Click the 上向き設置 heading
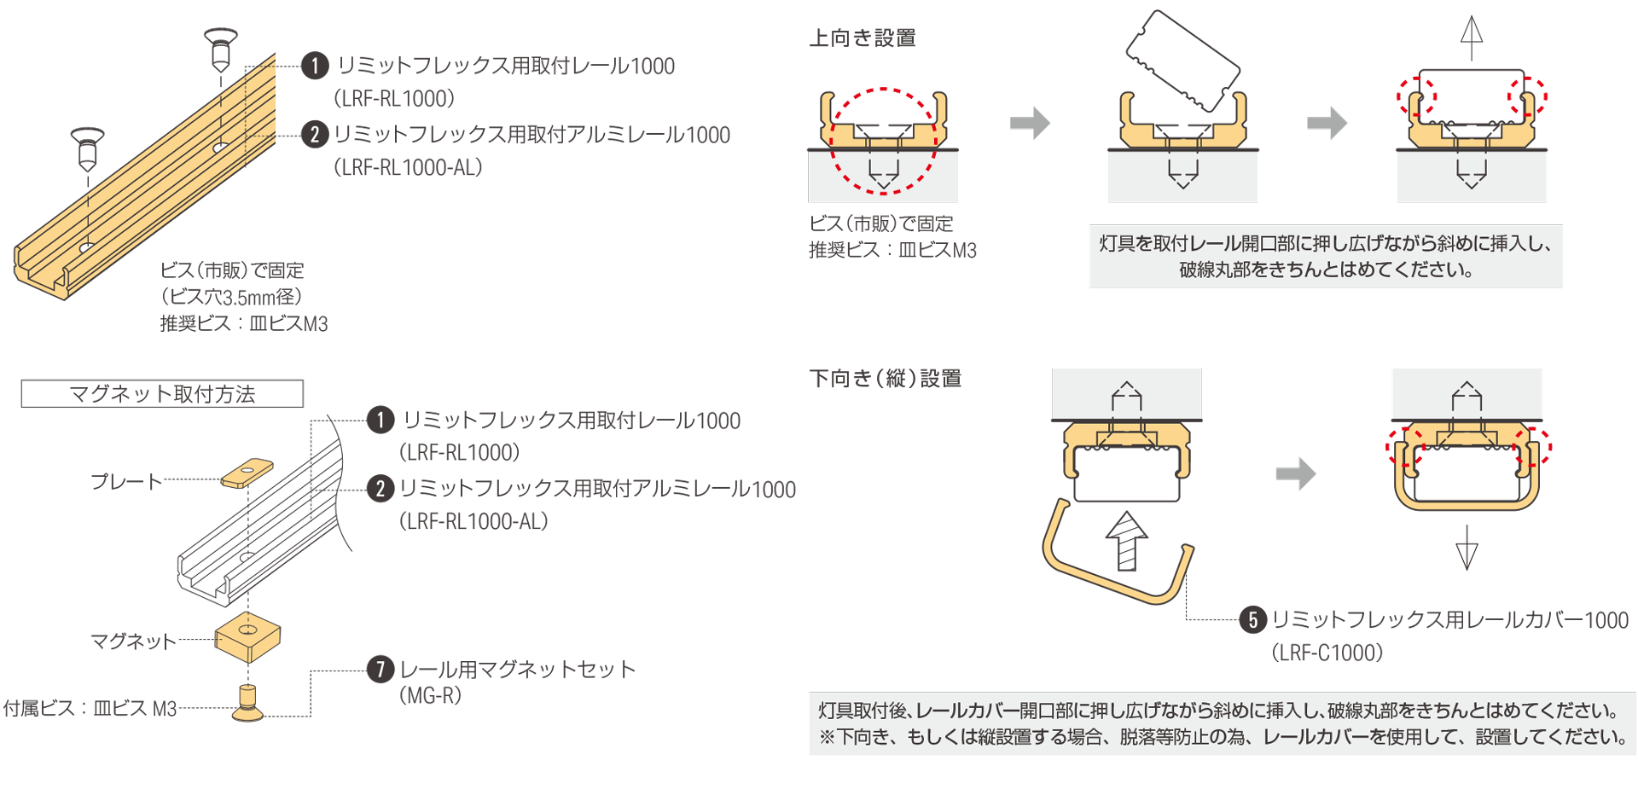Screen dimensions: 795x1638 click(862, 38)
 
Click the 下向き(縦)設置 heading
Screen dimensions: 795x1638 click(885, 378)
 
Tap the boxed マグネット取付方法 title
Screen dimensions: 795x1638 click(162, 393)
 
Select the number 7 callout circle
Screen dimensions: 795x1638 click(380, 669)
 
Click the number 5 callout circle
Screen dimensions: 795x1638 click(1252, 620)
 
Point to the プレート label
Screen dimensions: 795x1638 click(126, 481)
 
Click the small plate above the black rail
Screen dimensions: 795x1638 click(247, 473)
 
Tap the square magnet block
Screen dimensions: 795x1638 click(247, 636)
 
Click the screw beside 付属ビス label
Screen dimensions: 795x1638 click(248, 702)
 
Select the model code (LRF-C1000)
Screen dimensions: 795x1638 click(1327, 653)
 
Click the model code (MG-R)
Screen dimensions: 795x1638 click(431, 695)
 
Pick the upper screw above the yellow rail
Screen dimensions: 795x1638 click(221, 49)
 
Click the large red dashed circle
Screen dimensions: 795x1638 click(883, 141)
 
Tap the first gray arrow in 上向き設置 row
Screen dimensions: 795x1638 click(1030, 123)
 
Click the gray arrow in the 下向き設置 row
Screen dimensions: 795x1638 click(1296, 473)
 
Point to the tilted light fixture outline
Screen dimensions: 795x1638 click(1182, 61)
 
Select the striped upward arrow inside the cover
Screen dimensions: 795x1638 click(1126, 541)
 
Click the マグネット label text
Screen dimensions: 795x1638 click(133, 641)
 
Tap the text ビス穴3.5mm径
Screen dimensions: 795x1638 click(231, 297)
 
